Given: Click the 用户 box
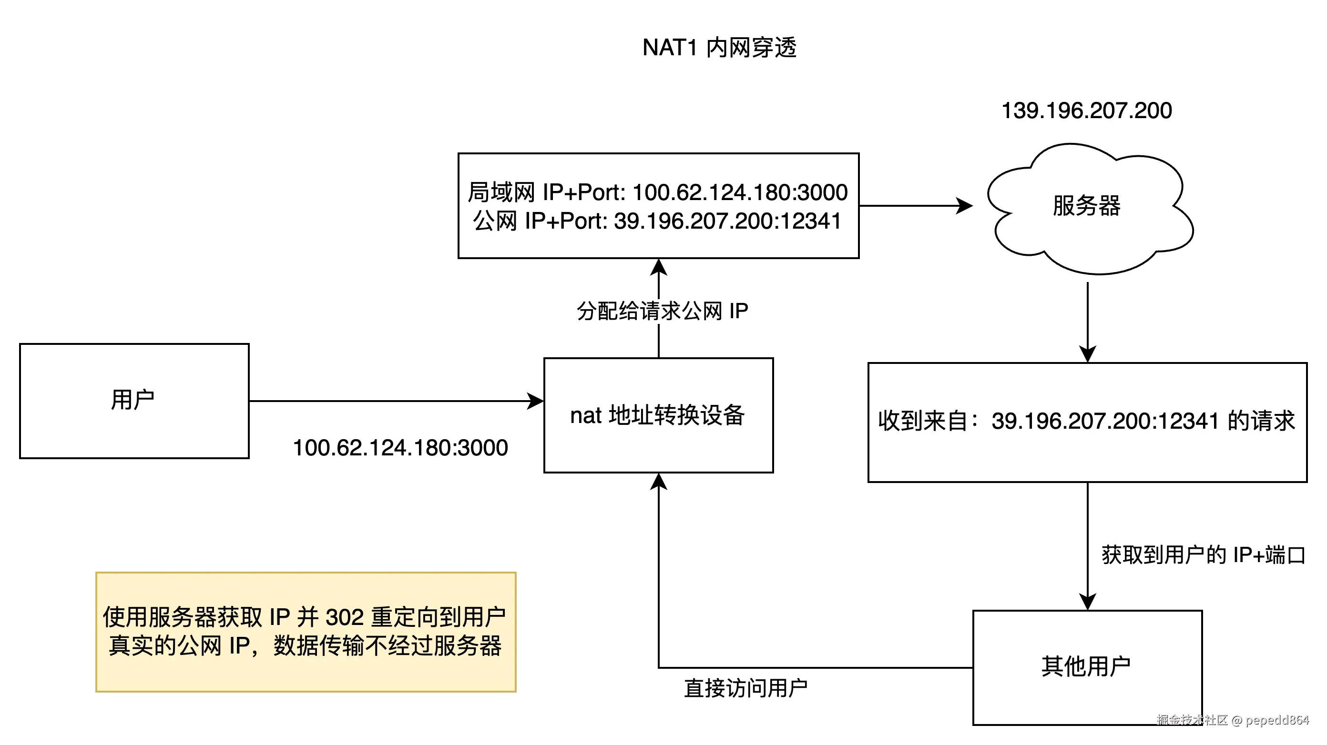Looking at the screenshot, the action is click(134, 401).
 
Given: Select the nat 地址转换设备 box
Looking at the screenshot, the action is click(658, 415).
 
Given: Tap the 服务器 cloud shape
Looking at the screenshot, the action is click(1087, 206).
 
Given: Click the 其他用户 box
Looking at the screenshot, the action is click(1087, 667).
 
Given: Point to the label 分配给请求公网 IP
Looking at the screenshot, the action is click(663, 311).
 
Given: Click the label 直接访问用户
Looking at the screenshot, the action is click(746, 688).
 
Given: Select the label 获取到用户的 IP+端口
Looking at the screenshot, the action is click(1204, 554).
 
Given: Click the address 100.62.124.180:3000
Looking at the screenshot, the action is click(740, 192).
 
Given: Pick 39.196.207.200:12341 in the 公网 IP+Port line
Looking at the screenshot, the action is click(727, 221).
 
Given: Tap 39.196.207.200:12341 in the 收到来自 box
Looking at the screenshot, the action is click(1105, 421).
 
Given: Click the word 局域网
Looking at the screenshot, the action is click(500, 192).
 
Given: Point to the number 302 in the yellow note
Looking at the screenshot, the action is click(345, 617).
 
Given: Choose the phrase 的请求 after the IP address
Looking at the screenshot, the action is click(1261, 421).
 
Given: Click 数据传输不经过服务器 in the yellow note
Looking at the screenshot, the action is click(388, 646).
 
